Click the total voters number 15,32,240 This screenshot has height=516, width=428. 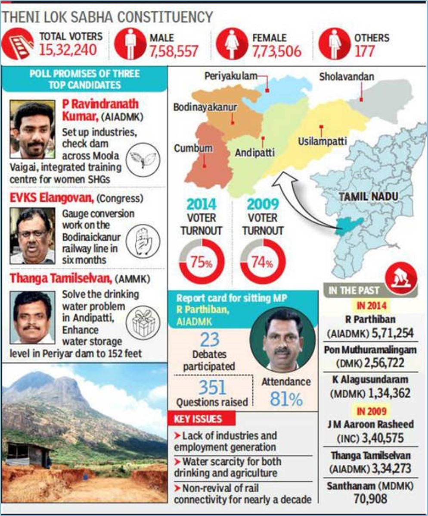[68, 50]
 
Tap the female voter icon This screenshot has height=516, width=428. [232, 44]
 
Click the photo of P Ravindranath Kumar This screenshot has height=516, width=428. [32, 129]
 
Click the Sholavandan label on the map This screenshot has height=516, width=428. [347, 77]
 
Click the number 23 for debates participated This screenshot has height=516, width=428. [210, 340]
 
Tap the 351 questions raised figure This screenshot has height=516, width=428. [212, 387]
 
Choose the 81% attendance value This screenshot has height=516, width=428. [286, 400]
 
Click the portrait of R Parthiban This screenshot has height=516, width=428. [283, 339]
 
